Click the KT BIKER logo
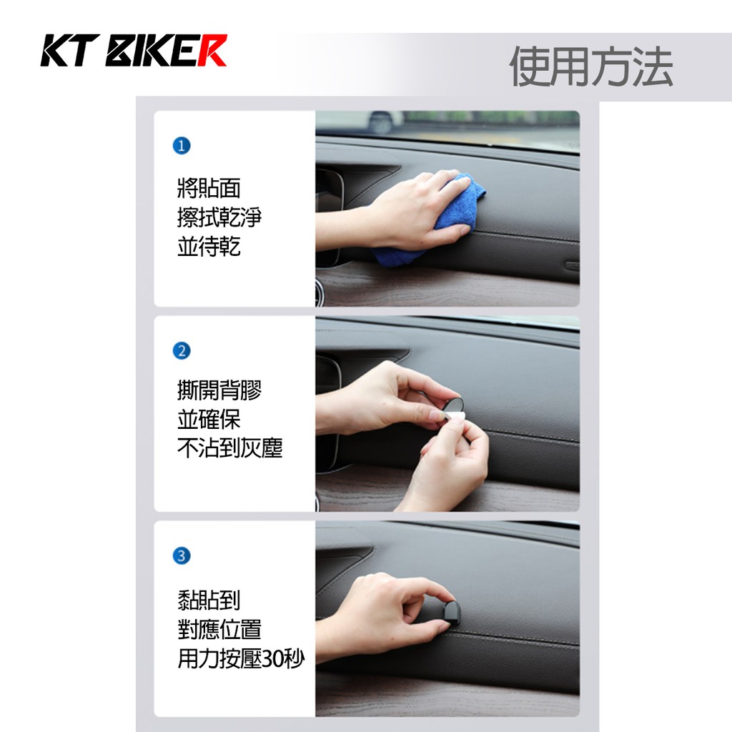[x=134, y=51]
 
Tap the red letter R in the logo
[x=212, y=51]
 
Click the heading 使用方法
[x=590, y=66]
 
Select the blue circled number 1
[x=182, y=146]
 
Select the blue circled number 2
[x=182, y=350]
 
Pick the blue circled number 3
[x=182, y=555]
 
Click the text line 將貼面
[x=209, y=188]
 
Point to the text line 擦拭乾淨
[x=219, y=217]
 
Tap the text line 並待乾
[x=209, y=247]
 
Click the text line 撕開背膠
[x=219, y=390]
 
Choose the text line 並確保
[x=209, y=419]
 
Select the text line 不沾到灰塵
[x=229, y=447]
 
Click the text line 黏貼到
[x=209, y=600]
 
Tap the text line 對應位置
[x=219, y=629]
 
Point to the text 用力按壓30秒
[x=241, y=658]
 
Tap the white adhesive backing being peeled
[x=452, y=417]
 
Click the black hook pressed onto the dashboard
[x=451, y=613]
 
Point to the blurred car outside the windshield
[x=383, y=122]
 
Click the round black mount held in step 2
[x=452, y=405]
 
